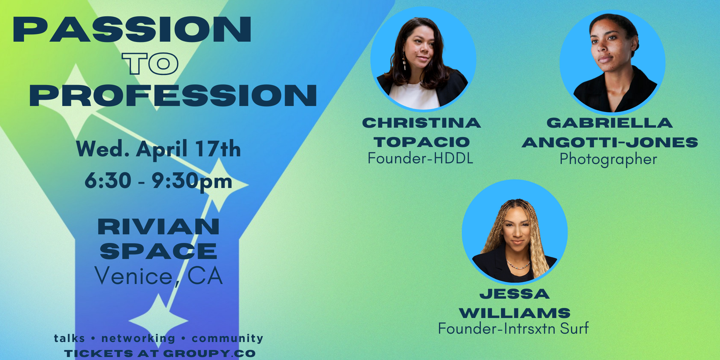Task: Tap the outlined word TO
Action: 150,63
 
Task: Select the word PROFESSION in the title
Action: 173,95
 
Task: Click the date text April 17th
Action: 188,149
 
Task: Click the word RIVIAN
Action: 159,227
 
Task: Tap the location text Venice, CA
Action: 159,276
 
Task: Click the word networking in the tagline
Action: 138,338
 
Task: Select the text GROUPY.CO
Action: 209,353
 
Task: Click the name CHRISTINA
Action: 422,123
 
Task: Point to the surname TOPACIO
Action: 422,142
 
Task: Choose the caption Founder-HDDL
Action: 420,158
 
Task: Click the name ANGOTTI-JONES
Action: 610,142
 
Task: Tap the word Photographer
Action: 608,159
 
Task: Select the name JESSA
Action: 515,294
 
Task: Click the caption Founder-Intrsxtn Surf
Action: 513,329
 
